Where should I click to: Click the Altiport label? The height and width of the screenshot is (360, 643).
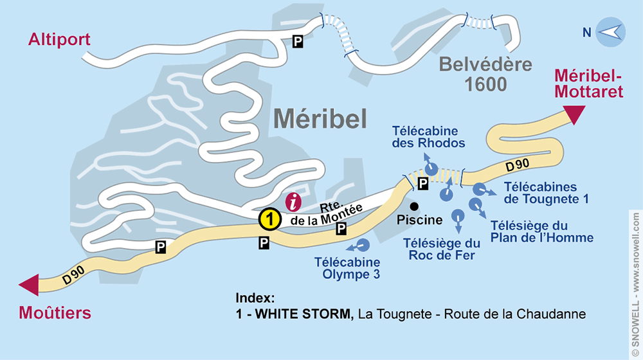[x=59, y=40]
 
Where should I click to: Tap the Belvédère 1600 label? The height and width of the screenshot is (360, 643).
[x=477, y=74]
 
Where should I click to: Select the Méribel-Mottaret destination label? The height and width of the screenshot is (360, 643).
[x=589, y=84]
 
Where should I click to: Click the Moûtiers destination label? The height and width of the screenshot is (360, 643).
[x=54, y=314]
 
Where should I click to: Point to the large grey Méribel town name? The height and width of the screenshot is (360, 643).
[x=320, y=118]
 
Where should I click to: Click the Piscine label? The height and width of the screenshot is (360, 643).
[x=420, y=220]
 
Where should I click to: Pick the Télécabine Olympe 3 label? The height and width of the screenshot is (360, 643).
[x=347, y=269]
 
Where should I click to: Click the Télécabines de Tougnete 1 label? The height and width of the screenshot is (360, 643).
[x=546, y=193]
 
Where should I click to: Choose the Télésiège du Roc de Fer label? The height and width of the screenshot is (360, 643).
[x=442, y=249]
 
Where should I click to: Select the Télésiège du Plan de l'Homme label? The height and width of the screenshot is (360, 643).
[x=541, y=231]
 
